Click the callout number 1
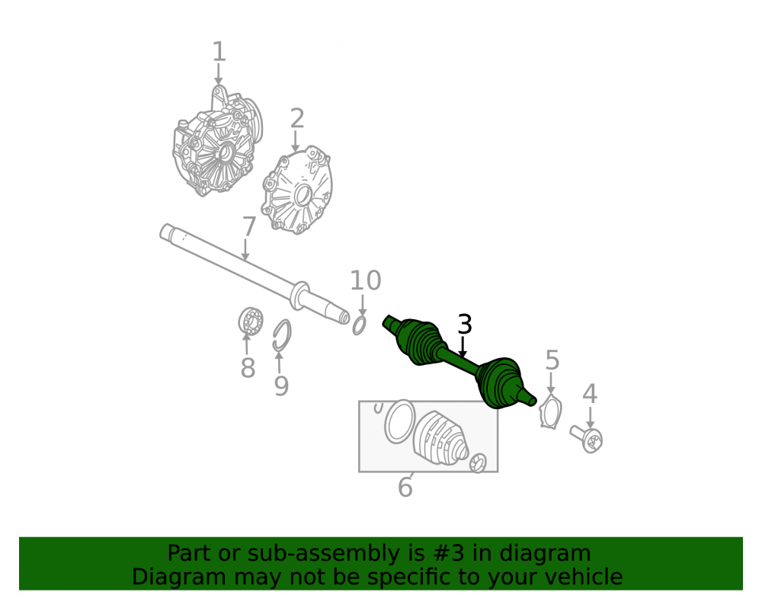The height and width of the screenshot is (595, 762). coord(219,52)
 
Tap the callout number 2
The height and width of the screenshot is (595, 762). coord(297,119)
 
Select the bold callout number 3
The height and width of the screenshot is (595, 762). coord(465,325)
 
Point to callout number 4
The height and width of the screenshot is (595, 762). coord(590,394)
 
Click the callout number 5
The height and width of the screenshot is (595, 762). coord(552,360)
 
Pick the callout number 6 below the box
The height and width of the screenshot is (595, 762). coord(405,487)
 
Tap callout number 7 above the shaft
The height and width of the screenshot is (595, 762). coord(249,227)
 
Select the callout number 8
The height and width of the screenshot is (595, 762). coord(248,368)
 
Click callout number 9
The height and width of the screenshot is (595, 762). coord(281,385)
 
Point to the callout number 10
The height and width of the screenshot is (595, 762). coord(366,281)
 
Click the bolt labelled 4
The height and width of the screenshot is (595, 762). coord(587,439)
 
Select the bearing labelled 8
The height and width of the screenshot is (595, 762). coord(251,321)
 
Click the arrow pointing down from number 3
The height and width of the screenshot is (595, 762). coord(463,347)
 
